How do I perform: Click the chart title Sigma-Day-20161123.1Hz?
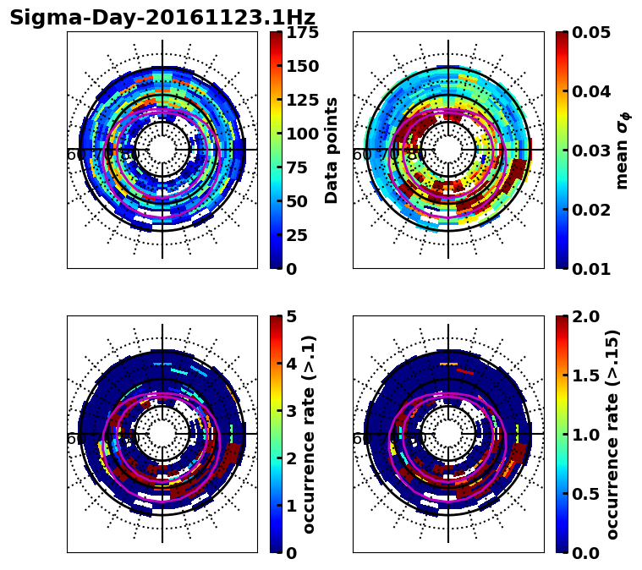tap(162, 18)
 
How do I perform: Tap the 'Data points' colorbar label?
tap(332, 150)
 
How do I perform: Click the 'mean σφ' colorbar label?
tap(623, 151)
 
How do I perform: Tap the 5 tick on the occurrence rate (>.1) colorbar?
tap(289, 316)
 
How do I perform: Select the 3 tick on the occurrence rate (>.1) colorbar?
tap(289, 411)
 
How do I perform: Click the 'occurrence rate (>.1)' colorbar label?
tap(309, 435)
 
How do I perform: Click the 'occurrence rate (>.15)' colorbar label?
tap(612, 435)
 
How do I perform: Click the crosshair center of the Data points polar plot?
tap(162, 150)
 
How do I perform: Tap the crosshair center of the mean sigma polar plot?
tap(448, 150)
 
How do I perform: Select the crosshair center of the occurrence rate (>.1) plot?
tap(162, 434)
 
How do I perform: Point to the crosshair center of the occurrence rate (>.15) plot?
tap(448, 434)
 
